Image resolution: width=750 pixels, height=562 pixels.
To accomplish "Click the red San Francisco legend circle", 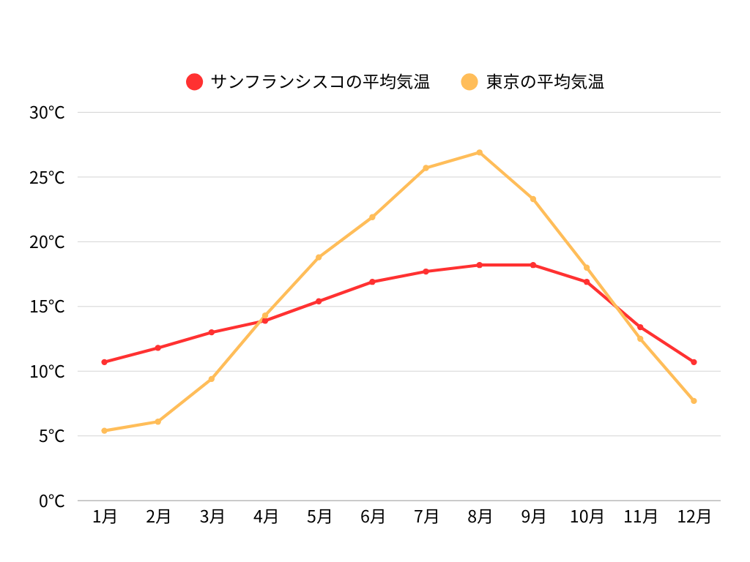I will pos(194,82).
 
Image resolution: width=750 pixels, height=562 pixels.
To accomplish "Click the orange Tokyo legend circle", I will pos(469,82).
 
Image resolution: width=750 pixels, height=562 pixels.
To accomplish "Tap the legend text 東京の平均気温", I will pos(545,82).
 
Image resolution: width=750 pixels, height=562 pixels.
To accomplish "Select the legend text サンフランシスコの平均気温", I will pos(320,82).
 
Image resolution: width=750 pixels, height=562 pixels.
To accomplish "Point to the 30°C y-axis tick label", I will pos(47,113).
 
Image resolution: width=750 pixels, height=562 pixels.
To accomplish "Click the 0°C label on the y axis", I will pos(51,501).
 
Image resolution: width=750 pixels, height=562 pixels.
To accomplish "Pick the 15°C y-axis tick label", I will pos(47,307).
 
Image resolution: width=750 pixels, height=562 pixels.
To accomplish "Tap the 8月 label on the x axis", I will pos(480,517).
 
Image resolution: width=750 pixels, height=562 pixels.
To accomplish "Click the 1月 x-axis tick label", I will pos(105,517).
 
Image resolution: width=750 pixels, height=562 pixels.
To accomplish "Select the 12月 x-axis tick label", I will pos(694,517).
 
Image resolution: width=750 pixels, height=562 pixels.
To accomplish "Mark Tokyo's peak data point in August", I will pos(480,152).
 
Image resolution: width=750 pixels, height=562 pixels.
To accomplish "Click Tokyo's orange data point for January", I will pos(105,431).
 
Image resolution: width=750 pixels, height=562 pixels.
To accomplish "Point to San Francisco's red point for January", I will pos(105,362).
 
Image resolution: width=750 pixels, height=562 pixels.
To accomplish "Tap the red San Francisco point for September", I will pos(533,265).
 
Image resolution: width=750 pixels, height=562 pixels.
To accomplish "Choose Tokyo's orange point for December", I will pos(694,401).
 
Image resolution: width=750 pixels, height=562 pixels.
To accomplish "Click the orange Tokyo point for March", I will pos(212,379).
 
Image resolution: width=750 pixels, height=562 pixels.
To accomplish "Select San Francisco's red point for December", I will pos(694,362).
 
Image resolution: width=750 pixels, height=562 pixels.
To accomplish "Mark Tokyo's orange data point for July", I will pos(426,168).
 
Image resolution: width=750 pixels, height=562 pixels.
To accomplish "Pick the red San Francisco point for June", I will pos(373,282).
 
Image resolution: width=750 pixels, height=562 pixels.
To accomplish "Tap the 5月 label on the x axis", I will pos(319,517).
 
